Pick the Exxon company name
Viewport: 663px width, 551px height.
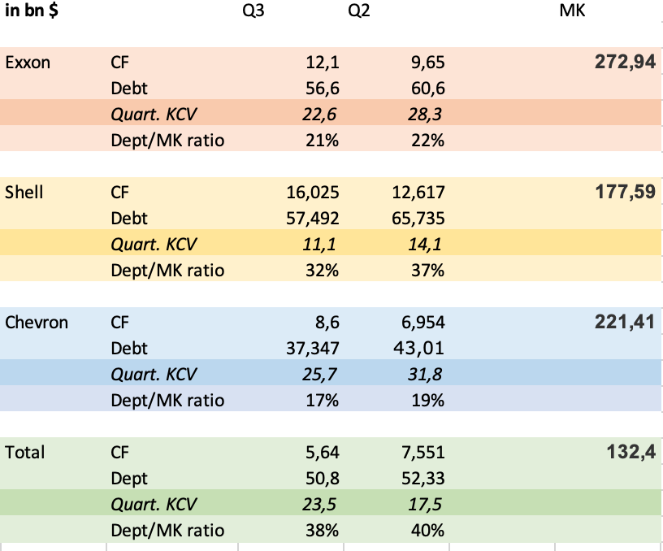pyautogui.click(x=28, y=62)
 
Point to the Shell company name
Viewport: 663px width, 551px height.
pyautogui.click(x=24, y=192)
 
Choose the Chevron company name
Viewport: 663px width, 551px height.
pyautogui.click(x=37, y=322)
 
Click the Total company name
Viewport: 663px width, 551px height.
pyautogui.click(x=25, y=452)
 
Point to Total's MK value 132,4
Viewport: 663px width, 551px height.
pyautogui.click(x=630, y=452)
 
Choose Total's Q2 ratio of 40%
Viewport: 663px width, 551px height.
pyautogui.click(x=427, y=530)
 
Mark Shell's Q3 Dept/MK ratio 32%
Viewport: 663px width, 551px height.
pyautogui.click(x=322, y=270)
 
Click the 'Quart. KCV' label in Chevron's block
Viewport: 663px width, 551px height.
pyautogui.click(x=154, y=374)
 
